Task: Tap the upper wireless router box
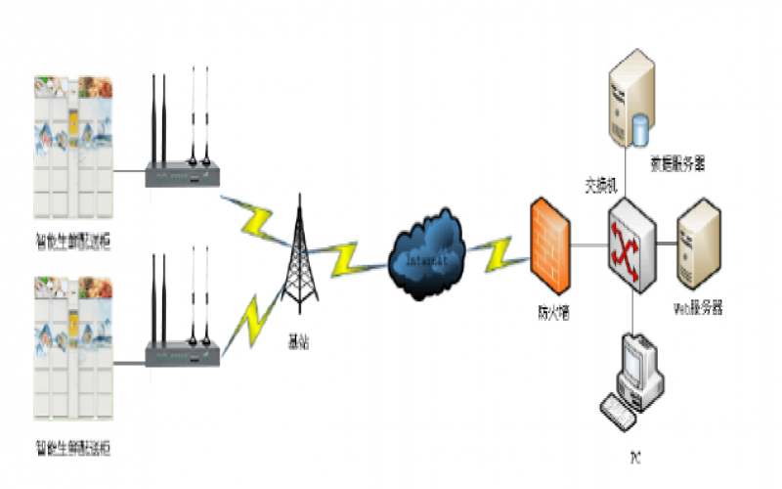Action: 184,175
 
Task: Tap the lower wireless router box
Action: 184,355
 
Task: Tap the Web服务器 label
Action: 698,307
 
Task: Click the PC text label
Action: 634,457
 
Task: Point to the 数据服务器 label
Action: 678,164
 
